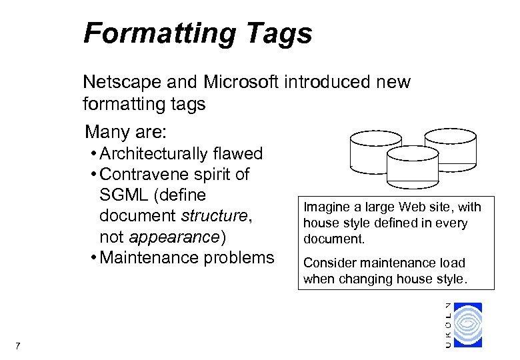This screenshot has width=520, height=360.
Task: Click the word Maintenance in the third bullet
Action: pyautogui.click(x=153, y=258)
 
